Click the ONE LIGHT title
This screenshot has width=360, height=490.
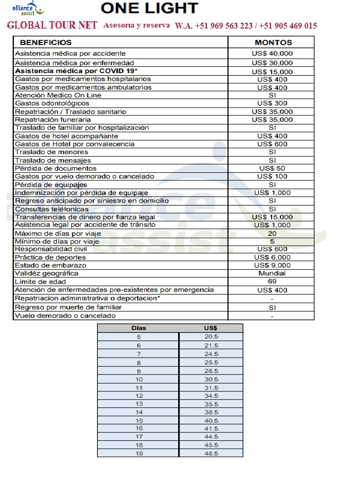(x=149, y=8)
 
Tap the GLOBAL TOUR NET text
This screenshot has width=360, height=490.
(x=52, y=25)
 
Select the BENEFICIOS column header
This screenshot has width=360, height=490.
(x=46, y=42)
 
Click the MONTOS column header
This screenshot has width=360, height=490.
(x=273, y=42)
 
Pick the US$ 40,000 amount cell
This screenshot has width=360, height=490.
(x=272, y=54)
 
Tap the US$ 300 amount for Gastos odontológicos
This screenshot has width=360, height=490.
(x=272, y=103)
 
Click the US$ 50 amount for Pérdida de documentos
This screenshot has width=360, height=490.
(x=272, y=168)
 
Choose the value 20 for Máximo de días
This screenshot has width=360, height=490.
(x=272, y=233)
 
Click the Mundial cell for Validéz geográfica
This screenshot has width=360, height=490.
(x=272, y=273)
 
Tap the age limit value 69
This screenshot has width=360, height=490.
(x=272, y=281)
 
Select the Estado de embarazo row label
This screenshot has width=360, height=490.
(x=50, y=265)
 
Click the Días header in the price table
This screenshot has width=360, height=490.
(x=138, y=328)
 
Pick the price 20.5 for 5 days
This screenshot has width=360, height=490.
(x=211, y=336)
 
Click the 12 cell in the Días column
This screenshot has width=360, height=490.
(x=139, y=396)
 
